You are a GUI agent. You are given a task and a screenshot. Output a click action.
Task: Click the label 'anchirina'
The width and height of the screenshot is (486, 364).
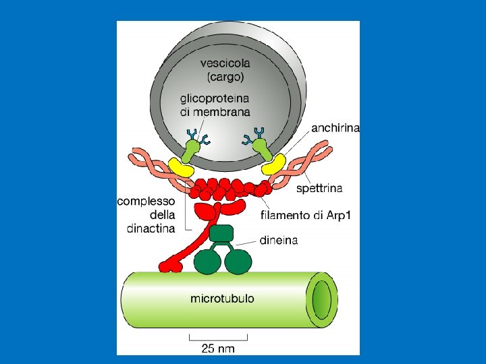point(335,127)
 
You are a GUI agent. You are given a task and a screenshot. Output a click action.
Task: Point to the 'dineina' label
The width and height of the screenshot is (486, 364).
point(279,239)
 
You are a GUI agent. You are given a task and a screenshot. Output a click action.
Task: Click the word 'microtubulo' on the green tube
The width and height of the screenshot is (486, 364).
point(223,297)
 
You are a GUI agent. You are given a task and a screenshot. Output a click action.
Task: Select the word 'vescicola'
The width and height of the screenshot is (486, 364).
point(225,63)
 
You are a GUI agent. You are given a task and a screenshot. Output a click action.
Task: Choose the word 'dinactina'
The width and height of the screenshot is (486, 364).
point(151,228)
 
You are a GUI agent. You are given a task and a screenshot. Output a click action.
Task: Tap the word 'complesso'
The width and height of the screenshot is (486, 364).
point(146,201)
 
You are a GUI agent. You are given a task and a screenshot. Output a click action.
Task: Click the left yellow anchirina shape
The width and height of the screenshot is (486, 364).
point(182,166)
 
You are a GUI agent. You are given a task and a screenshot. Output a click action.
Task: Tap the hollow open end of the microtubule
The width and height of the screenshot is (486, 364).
point(322,298)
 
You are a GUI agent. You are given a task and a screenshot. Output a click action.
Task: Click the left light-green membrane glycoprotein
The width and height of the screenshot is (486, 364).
point(194,147)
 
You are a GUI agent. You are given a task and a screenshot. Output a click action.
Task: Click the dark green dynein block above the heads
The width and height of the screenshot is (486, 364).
point(221,234)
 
